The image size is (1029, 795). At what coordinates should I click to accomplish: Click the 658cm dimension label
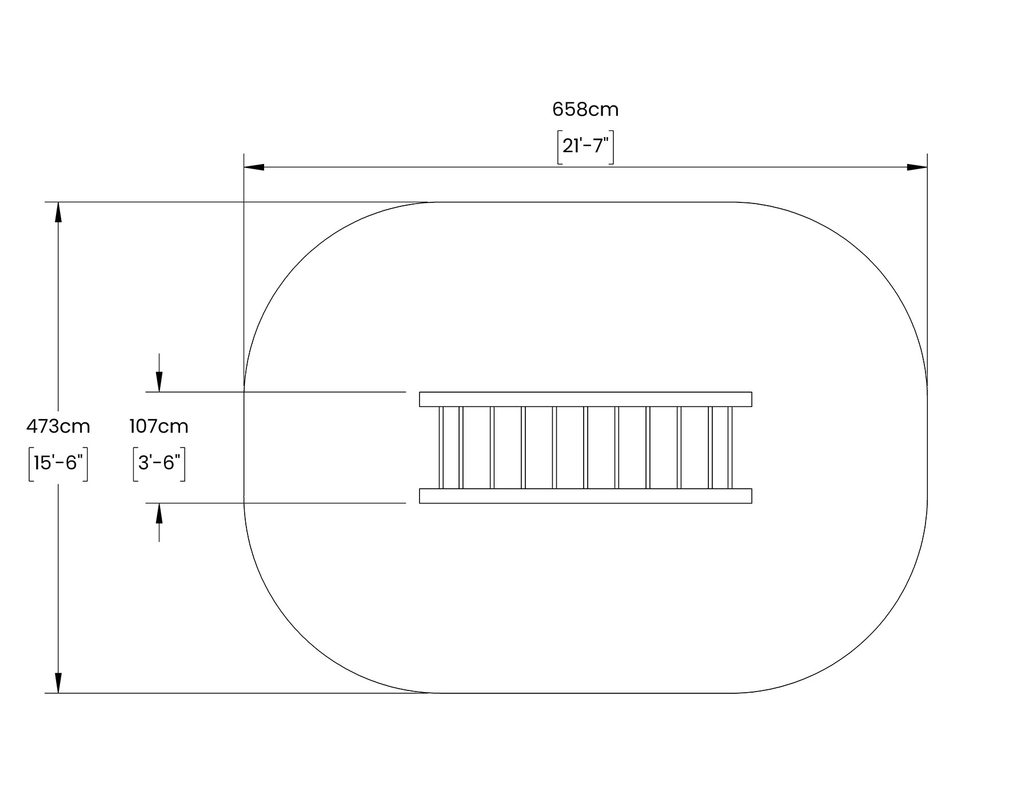pyautogui.click(x=585, y=109)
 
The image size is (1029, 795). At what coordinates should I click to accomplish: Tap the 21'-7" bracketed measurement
pyautogui.click(x=585, y=147)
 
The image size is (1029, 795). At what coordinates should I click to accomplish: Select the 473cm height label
pyautogui.click(x=58, y=426)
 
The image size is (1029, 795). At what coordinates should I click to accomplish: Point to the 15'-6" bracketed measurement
pyautogui.click(x=58, y=464)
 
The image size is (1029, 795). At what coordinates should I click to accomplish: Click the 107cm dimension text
pyautogui.click(x=159, y=426)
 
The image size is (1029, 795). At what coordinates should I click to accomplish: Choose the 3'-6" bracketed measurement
pyautogui.click(x=159, y=464)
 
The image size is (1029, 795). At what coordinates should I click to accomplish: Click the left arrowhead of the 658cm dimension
pyautogui.click(x=254, y=167)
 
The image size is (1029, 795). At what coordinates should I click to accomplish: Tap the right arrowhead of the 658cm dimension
pyautogui.click(x=917, y=167)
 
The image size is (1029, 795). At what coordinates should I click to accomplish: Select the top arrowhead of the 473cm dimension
pyautogui.click(x=58, y=212)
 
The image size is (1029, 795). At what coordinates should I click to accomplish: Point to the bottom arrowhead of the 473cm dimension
pyautogui.click(x=58, y=683)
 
